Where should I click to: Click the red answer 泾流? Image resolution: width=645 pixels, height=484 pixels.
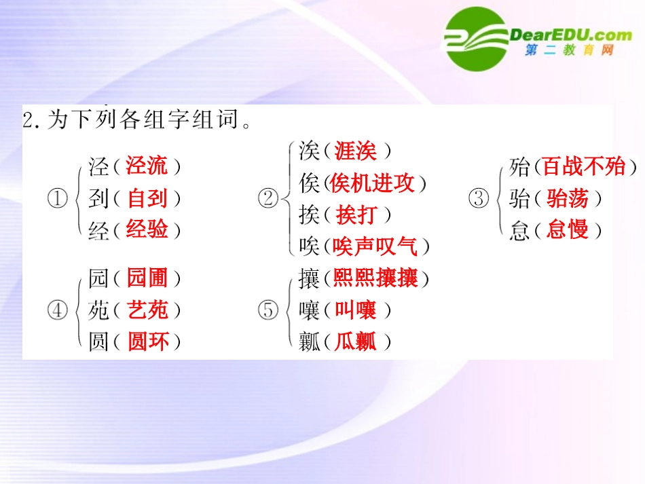pyautogui.click(x=147, y=166)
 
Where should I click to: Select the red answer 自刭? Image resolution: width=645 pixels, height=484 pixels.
pyautogui.click(x=147, y=198)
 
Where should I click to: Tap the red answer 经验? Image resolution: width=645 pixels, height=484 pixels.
pyautogui.click(x=147, y=229)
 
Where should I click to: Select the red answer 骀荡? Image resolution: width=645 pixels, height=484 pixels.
pyautogui.click(x=567, y=198)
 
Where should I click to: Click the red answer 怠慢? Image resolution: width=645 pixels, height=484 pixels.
pyautogui.click(x=567, y=229)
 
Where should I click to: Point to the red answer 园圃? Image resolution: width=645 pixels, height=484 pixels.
pyautogui.click(x=147, y=278)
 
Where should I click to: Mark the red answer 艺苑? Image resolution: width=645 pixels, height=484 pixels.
pyautogui.click(x=147, y=310)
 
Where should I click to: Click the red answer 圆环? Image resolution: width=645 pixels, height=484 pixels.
pyautogui.click(x=147, y=341)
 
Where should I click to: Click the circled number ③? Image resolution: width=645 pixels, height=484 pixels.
pyautogui.click(x=479, y=199)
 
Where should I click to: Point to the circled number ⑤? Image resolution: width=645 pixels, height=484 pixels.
pyautogui.click(x=268, y=310)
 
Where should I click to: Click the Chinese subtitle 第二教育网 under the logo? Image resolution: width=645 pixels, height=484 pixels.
pyautogui.click(x=569, y=51)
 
